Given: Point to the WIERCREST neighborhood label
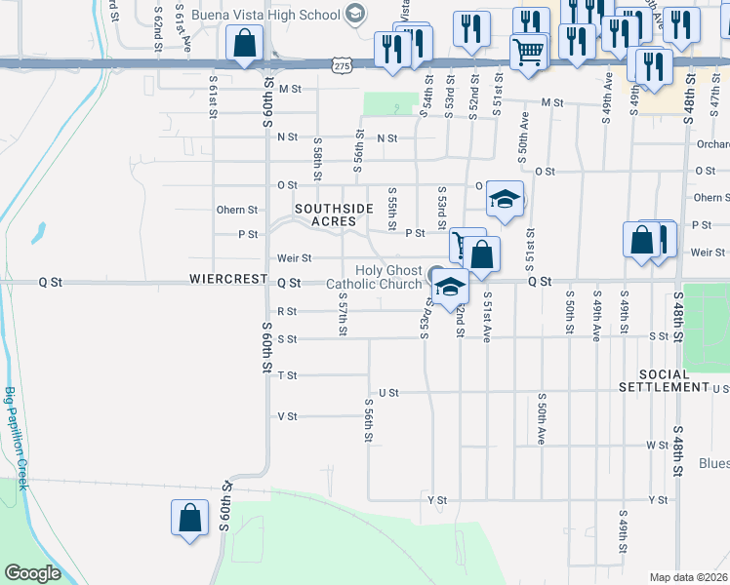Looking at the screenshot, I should (x=229, y=280).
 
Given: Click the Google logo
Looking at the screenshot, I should (x=32, y=573).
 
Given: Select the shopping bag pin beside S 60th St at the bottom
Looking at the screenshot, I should (x=189, y=518).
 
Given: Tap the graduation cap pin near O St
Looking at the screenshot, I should (x=505, y=199).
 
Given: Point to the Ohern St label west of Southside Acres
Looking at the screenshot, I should (x=237, y=210).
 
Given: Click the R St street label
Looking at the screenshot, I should (x=287, y=312).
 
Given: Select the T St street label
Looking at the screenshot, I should (x=287, y=375).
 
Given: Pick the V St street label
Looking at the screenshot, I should (x=287, y=416).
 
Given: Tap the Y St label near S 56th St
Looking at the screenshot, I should (x=436, y=500).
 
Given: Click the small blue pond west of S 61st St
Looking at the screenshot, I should (x=38, y=233).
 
